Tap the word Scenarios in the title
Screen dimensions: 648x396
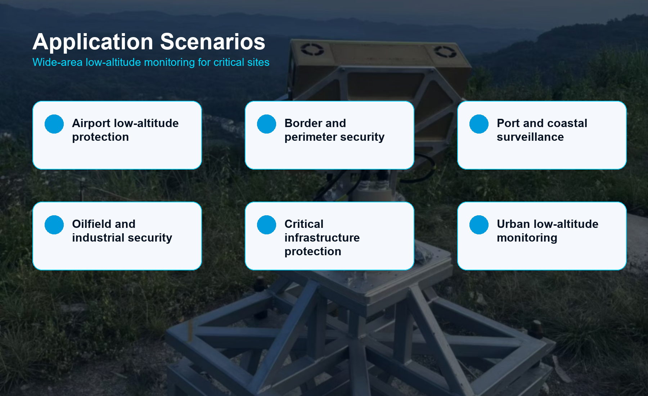pos(213,42)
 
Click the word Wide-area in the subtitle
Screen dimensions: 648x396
pos(57,62)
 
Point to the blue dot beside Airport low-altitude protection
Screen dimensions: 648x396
pos(54,124)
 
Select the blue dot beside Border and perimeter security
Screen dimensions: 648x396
pos(266,124)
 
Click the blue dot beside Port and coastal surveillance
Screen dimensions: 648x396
pos(479,124)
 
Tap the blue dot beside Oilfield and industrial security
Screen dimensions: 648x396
pos(54,225)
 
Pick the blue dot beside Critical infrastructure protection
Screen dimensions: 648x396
pos(266,225)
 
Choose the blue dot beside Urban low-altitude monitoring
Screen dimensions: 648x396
pos(479,225)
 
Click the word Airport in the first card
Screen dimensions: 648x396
pos(91,124)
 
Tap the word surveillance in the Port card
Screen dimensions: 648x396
pos(530,137)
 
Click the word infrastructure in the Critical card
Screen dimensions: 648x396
pos(322,238)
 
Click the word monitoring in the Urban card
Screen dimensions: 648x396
pos(527,238)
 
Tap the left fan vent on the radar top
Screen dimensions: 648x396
pos(312,49)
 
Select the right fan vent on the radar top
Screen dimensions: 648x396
pos(445,51)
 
